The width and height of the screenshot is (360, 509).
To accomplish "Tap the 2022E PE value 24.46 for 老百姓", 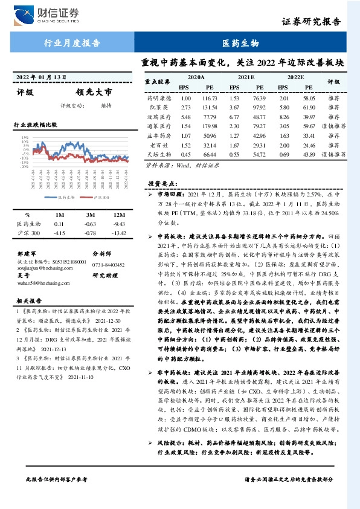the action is pos(309,146).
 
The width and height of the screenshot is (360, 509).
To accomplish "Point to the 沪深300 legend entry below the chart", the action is pos(101,197).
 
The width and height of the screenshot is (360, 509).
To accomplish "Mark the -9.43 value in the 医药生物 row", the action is pos(119,224).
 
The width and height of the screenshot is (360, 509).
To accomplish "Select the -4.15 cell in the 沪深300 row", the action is pos(59,233).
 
